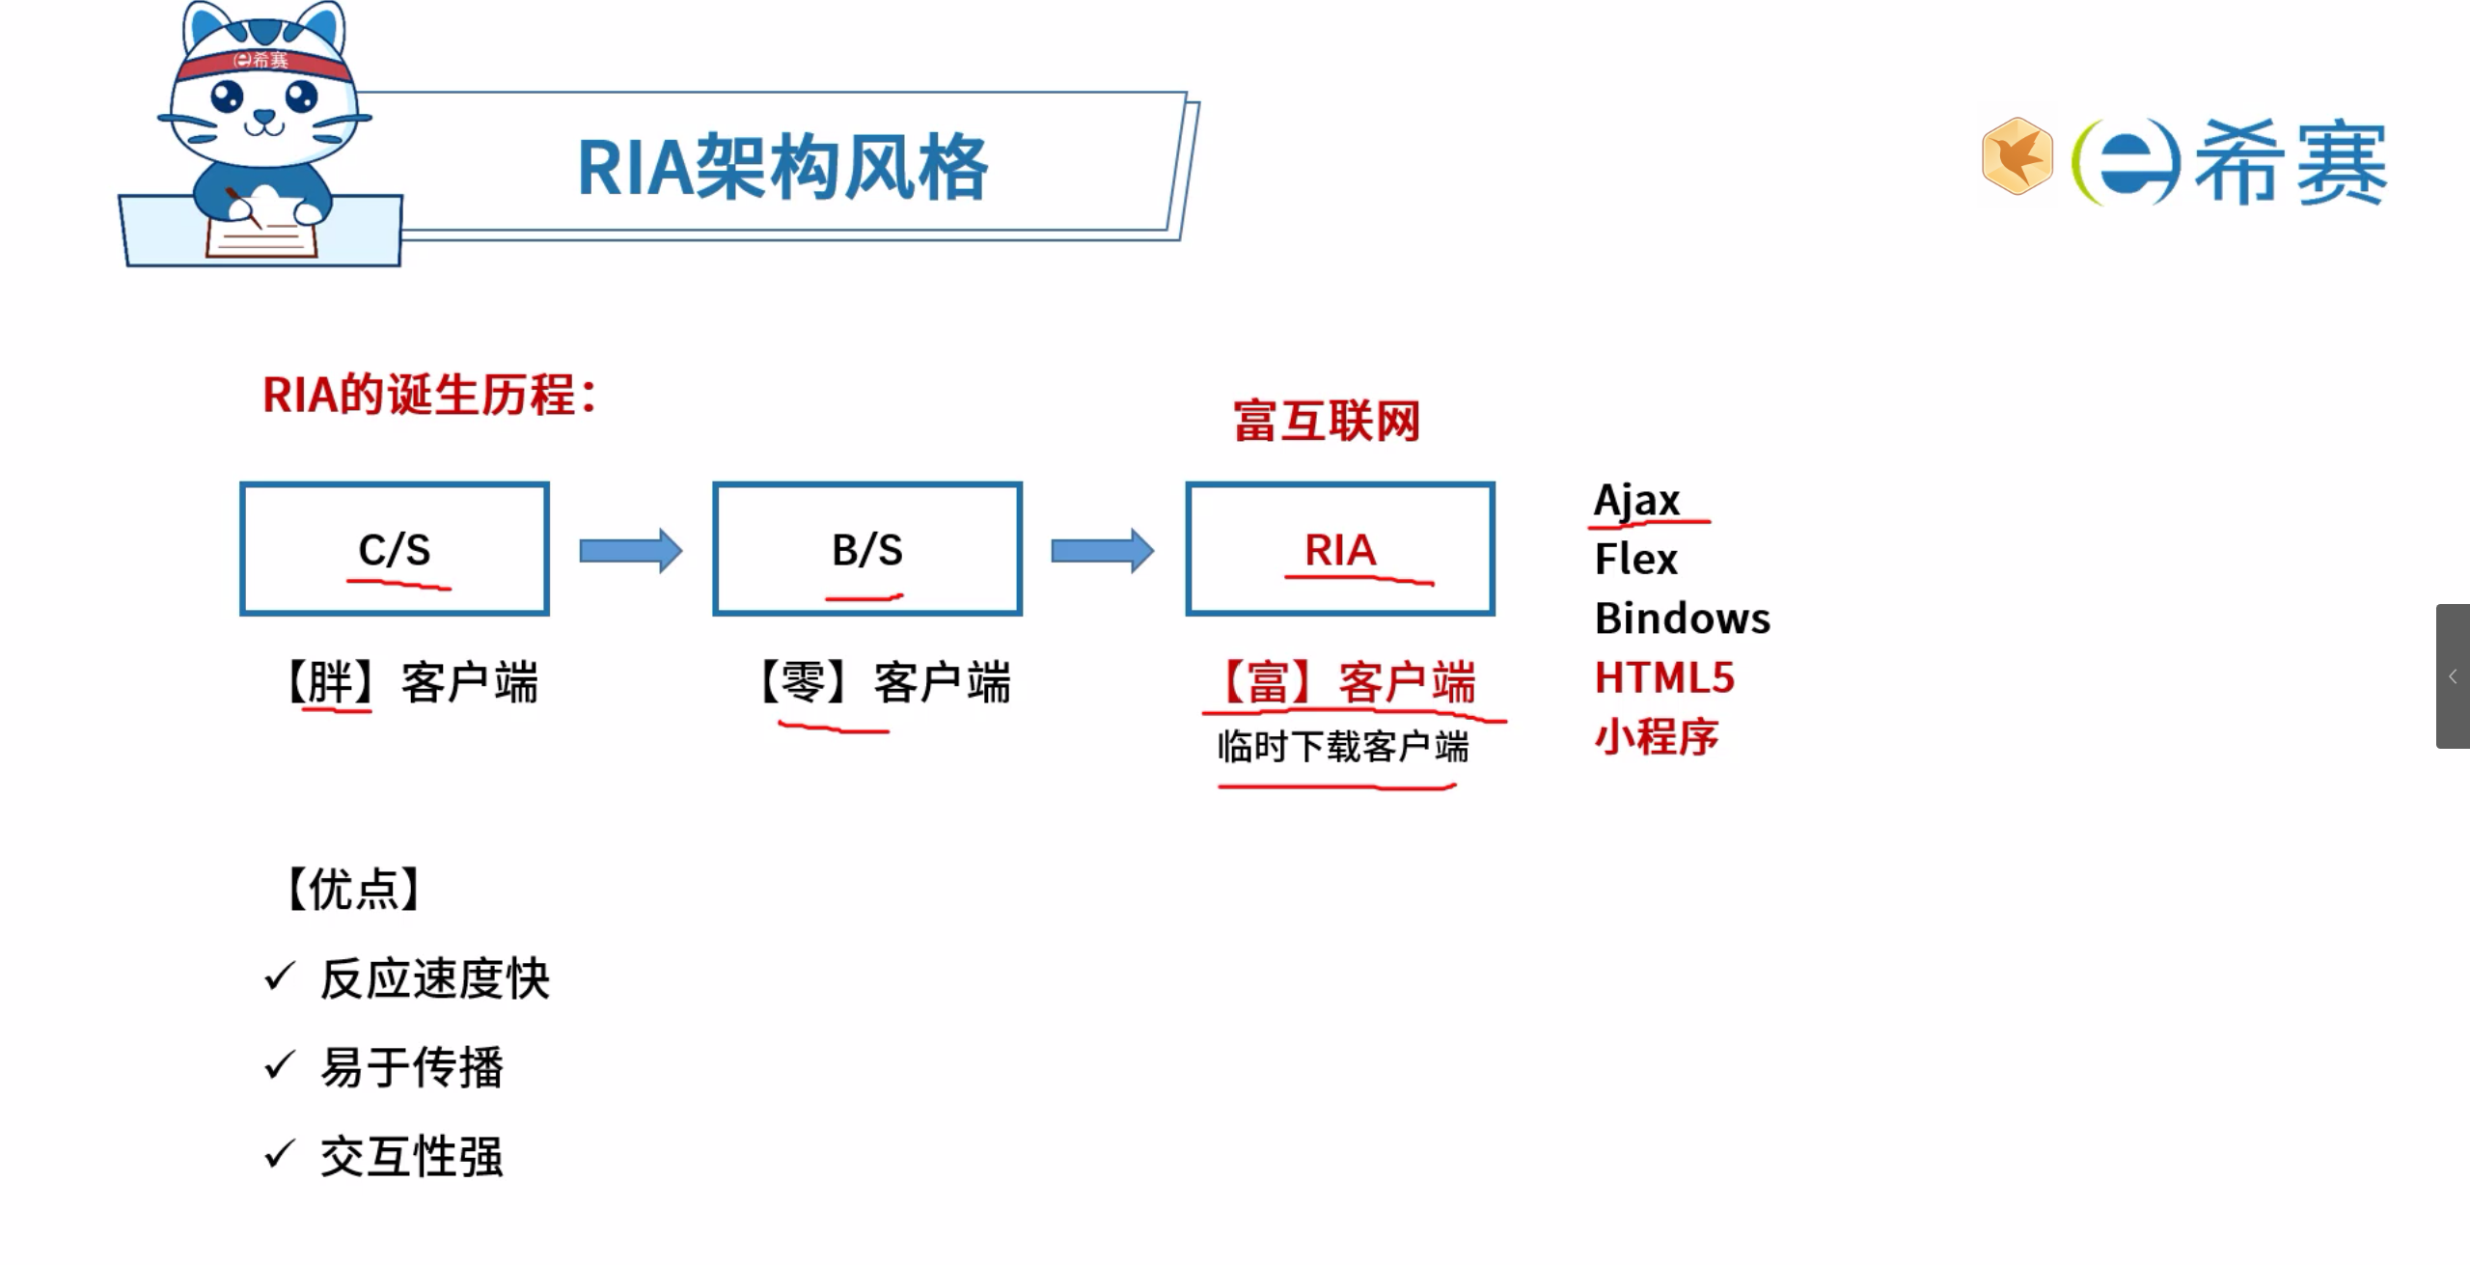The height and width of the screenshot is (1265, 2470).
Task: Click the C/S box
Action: pos(395,548)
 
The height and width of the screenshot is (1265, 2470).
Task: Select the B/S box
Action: pos(867,548)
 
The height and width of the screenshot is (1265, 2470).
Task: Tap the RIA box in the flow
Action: pos(1340,548)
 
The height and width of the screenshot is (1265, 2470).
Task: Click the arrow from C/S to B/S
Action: pos(630,551)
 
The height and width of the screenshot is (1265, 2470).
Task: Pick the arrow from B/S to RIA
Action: pos(1102,551)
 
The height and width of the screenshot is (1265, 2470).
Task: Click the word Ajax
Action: pos(1637,500)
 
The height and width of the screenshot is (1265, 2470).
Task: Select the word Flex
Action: pos(1636,560)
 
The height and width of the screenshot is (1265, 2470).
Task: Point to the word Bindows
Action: pos(1683,619)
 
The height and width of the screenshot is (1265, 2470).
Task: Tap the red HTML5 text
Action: pos(1664,677)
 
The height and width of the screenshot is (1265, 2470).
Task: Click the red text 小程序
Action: pos(1657,737)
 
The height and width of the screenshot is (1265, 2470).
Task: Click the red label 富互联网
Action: pos(1327,422)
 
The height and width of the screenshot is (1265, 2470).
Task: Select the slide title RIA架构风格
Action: pos(782,168)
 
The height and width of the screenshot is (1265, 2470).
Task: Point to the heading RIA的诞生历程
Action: pos(429,395)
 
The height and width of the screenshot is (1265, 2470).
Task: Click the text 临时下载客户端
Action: pos(1342,747)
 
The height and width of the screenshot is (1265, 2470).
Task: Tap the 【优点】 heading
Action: pos(354,889)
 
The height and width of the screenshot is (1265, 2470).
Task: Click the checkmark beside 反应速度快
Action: pos(279,977)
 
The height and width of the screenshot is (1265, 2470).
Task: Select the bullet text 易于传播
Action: pos(412,1067)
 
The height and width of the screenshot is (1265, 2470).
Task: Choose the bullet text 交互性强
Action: pos(412,1156)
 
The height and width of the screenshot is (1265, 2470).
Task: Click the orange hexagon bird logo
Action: pos(2016,156)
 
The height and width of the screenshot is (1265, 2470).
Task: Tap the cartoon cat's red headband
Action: pos(261,60)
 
